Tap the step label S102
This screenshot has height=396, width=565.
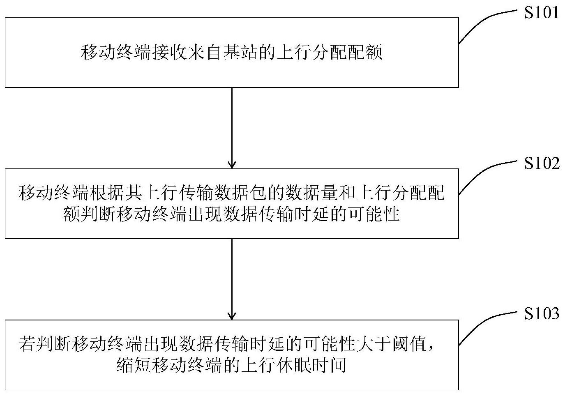click(542, 163)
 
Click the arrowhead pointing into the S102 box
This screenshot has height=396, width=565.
click(232, 164)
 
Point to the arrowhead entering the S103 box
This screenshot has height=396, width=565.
click(232, 315)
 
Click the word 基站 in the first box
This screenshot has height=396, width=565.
click(240, 53)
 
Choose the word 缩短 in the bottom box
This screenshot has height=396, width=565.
click(134, 365)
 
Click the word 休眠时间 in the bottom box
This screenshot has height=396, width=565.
click(311, 365)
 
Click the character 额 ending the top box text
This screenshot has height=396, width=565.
click(374, 53)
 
